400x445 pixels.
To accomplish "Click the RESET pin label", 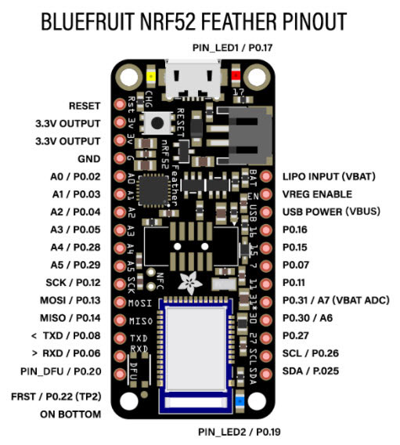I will (84, 105).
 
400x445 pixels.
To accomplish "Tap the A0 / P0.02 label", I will (73, 176).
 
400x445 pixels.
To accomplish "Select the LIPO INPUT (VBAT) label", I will (327, 176).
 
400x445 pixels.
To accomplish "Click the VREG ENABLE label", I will (317, 194).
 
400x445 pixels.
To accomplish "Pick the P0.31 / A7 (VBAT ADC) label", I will (336, 300).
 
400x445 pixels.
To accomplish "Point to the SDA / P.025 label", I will (311, 371).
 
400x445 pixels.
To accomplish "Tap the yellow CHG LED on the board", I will (151, 77).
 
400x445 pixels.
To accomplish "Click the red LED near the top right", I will (236, 76).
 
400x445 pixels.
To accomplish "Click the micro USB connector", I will (193, 80).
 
